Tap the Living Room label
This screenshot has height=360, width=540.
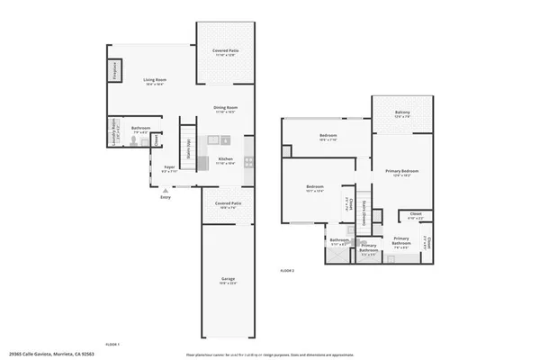coord(157,82)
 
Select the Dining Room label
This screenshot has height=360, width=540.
coord(225,110)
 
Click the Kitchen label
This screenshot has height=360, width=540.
coord(225,160)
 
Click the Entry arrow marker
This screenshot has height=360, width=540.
coord(164,191)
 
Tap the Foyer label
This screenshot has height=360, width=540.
coord(168,167)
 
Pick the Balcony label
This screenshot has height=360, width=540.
coord(402,114)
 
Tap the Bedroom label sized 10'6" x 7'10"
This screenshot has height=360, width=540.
coord(328,138)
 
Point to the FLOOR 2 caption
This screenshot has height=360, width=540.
coord(287,270)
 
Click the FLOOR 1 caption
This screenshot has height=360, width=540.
coord(112,345)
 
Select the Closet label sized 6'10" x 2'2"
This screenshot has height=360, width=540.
coord(416,217)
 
